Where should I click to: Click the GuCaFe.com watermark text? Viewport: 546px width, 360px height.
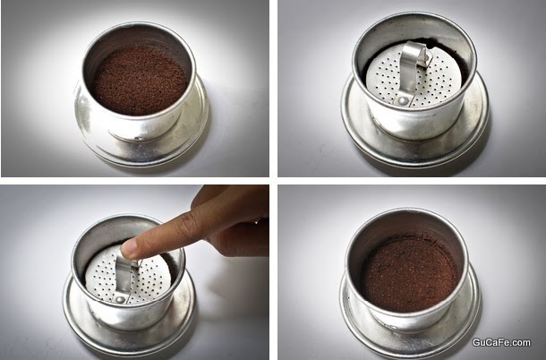(x=501, y=343)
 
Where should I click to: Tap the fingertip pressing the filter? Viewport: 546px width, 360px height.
(x=130, y=247)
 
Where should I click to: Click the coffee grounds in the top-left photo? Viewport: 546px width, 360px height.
(x=140, y=81)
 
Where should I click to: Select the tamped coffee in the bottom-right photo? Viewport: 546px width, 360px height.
(x=411, y=273)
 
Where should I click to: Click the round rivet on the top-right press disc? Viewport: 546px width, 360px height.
(x=403, y=101)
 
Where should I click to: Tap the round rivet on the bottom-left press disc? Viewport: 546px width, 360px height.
(x=121, y=299)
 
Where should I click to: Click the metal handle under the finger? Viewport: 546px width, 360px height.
(x=125, y=273)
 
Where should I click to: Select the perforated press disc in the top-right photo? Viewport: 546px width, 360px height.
(x=414, y=77)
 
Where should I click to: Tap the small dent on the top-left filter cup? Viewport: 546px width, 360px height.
(x=138, y=138)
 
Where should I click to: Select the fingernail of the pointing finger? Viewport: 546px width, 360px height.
(x=127, y=245)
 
